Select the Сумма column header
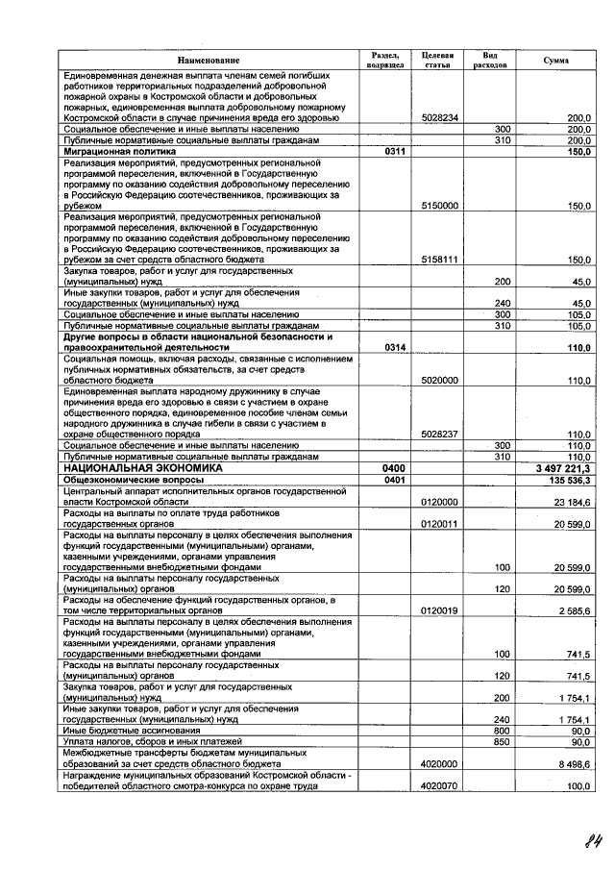pos(554,61)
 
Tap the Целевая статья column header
pos(439,61)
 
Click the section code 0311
pos(394,151)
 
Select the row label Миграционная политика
pos(119,151)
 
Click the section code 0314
pos(394,346)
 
